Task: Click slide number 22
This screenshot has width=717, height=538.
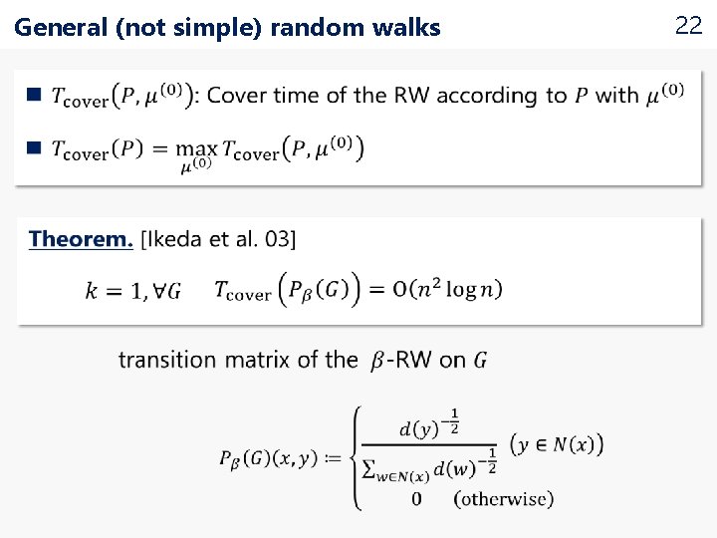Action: click(x=688, y=26)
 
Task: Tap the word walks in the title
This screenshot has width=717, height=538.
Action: click(x=409, y=28)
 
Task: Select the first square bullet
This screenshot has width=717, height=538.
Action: click(x=34, y=96)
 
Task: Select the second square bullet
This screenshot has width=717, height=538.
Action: click(x=34, y=147)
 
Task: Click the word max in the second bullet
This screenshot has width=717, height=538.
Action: click(x=197, y=148)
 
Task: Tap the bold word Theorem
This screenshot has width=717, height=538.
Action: click(x=81, y=239)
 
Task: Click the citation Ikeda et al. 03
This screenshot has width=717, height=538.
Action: click(x=218, y=239)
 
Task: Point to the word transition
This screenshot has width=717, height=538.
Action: click(x=166, y=360)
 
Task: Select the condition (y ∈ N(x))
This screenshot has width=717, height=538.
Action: click(x=556, y=443)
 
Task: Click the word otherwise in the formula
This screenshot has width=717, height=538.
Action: click(x=504, y=498)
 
